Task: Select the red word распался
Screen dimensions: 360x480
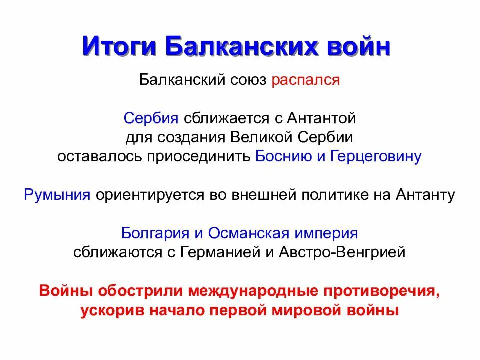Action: coord(306,80)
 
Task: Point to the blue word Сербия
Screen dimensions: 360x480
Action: coord(151,118)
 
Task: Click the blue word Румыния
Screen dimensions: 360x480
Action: coord(57,194)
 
